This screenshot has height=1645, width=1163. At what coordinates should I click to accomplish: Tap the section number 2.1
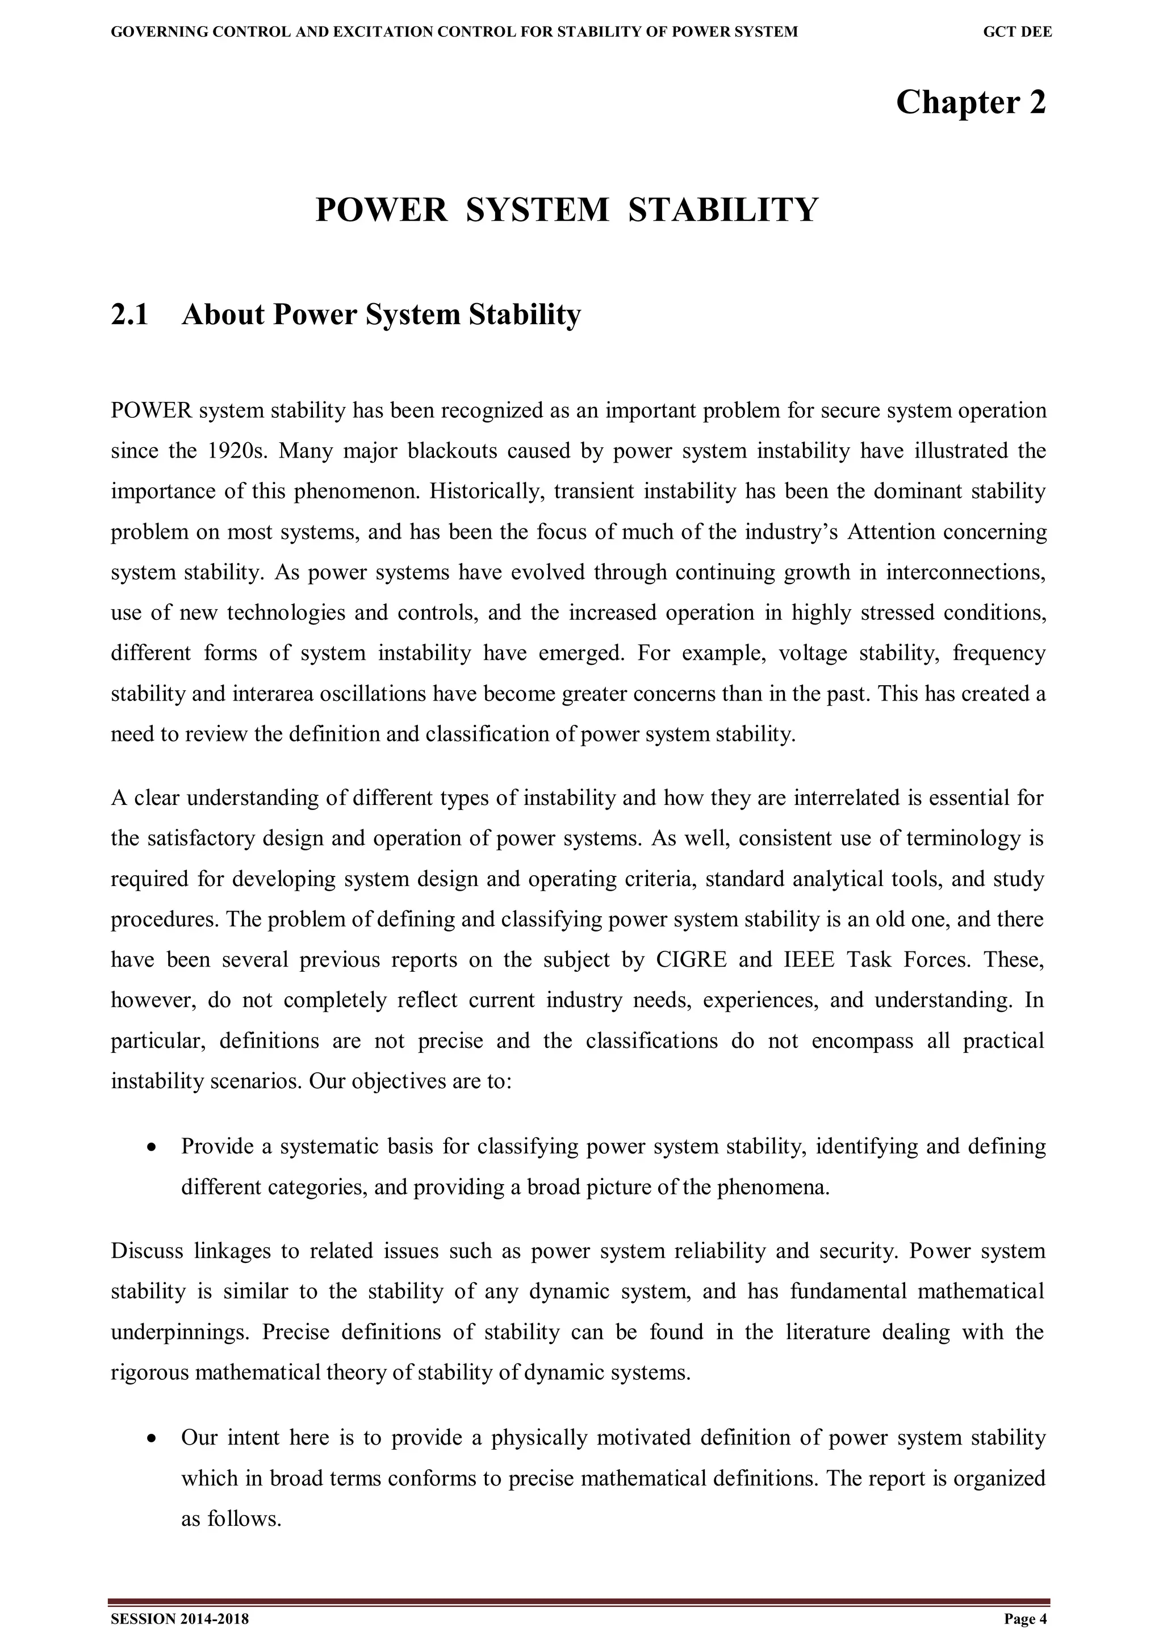(129, 314)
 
